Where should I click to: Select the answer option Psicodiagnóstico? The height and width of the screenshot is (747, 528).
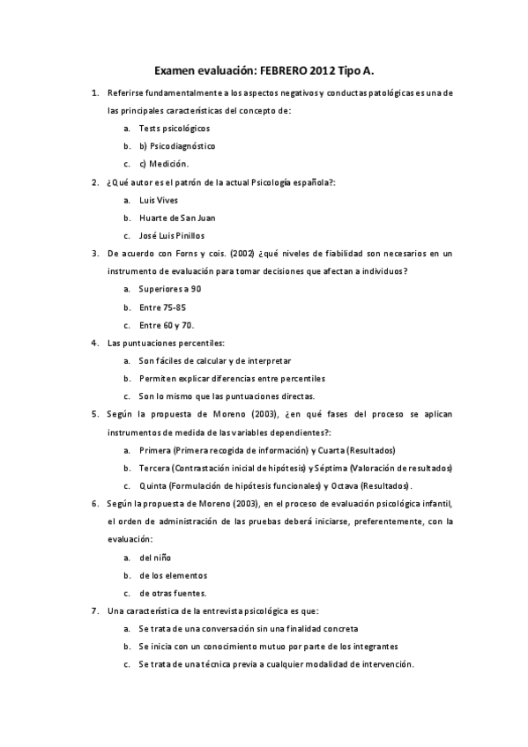coord(177,145)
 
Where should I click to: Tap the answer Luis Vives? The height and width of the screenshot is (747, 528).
coord(159,200)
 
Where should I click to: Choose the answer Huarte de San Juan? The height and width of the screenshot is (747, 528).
coord(177,218)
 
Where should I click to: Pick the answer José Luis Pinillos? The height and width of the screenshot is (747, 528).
coord(172,235)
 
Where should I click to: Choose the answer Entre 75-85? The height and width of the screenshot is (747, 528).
coord(162,307)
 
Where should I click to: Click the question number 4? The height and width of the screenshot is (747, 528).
coord(95,343)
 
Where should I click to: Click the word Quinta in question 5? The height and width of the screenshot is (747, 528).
coord(154,485)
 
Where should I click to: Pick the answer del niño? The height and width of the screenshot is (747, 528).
coord(155,558)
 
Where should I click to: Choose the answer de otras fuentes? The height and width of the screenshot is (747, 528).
coord(173,593)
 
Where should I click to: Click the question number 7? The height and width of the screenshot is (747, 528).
coord(95,610)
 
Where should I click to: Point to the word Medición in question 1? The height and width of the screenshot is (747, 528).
coord(169,164)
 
